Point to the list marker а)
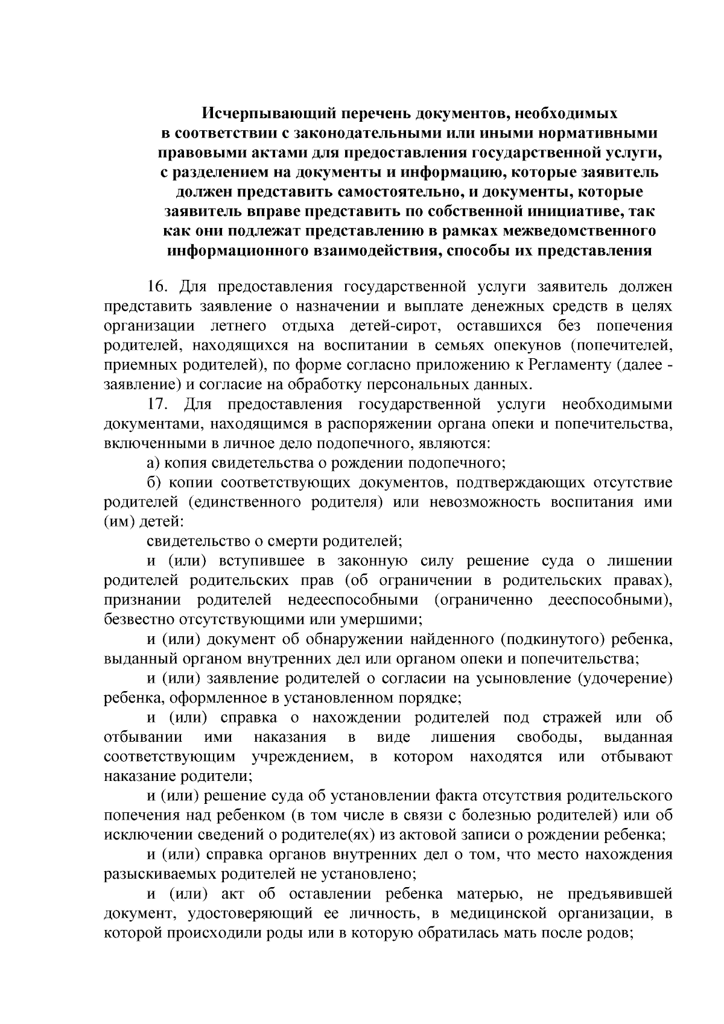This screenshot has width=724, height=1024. click(x=153, y=463)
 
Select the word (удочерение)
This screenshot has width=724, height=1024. click(x=625, y=678)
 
